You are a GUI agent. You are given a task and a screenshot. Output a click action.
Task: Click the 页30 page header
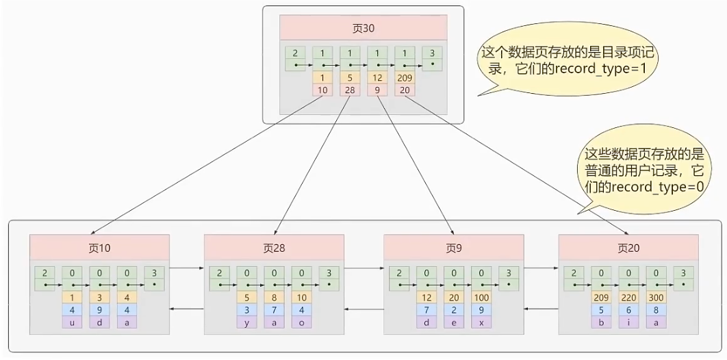tap(363, 28)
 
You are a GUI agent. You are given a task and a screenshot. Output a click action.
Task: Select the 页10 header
tap(99, 247)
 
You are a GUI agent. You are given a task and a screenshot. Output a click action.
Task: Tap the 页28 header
tap(274, 247)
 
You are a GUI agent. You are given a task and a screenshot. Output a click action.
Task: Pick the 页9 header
tap(452, 247)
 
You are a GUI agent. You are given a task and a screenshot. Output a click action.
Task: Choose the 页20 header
tap(628, 247)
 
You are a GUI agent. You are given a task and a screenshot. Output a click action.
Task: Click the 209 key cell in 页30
tap(405, 77)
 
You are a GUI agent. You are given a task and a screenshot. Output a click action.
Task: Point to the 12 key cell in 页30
tap(377, 77)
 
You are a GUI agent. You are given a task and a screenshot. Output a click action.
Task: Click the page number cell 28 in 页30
tap(350, 90)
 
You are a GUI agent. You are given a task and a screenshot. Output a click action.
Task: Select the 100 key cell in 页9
tap(481, 298)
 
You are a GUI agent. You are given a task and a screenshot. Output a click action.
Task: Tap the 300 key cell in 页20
tap(656, 298)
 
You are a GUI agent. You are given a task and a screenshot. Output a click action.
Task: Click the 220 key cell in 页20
tap(628, 298)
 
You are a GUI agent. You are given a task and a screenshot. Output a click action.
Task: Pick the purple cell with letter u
tap(72, 322)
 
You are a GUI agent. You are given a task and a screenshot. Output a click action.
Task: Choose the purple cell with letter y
tap(246, 322)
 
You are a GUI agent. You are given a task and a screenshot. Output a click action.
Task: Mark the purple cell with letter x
tap(481, 322)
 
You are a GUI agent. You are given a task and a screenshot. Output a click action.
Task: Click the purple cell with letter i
tap(628, 322)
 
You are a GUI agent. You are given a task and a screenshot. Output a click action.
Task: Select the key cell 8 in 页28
tap(274, 298)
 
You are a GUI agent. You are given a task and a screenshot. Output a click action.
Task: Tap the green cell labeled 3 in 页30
tap(432, 57)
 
